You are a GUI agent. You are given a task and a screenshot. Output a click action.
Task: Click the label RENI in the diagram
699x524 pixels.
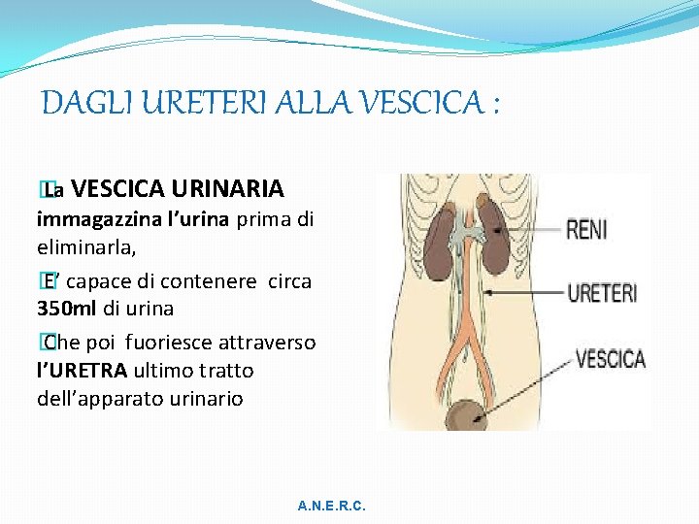pos(586,230)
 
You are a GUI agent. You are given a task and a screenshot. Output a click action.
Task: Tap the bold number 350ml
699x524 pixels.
pos(67,309)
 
